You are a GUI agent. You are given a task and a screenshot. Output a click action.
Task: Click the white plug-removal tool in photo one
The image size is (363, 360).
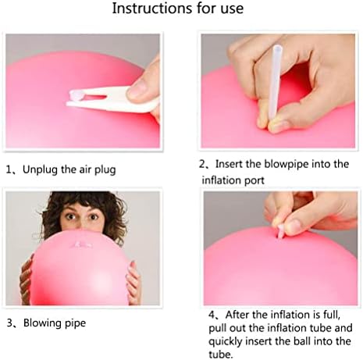(109, 99)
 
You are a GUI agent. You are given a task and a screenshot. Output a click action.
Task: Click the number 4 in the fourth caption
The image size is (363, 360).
(213, 315)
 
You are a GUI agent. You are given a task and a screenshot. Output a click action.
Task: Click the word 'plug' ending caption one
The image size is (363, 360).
(105, 169)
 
